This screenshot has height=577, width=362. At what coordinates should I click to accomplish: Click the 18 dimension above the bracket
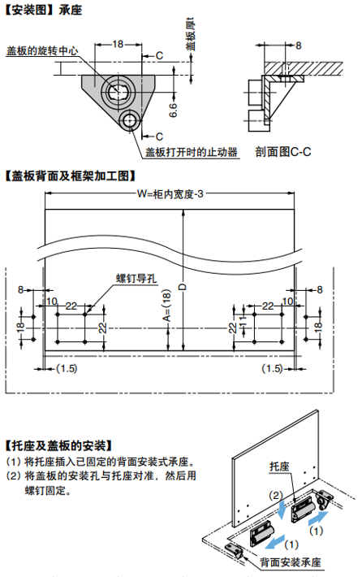click(x=118, y=44)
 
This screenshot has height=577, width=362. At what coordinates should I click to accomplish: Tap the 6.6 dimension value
click(x=173, y=111)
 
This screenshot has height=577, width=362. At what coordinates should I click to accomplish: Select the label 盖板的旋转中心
click(x=42, y=50)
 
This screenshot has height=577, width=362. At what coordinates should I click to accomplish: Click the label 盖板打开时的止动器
click(x=192, y=152)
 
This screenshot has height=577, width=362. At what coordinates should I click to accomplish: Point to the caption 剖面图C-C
click(x=283, y=152)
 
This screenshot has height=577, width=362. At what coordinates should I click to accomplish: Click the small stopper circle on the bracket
click(x=129, y=120)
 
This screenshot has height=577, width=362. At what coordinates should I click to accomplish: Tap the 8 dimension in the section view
click(x=298, y=46)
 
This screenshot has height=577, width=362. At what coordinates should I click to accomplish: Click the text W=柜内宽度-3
click(x=170, y=194)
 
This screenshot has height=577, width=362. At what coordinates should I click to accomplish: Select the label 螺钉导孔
click(x=136, y=278)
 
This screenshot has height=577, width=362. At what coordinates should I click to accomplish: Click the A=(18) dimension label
click(x=167, y=305)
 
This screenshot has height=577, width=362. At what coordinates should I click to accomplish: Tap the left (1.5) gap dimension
click(x=67, y=368)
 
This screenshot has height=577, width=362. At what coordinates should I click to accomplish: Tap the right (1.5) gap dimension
click(x=273, y=368)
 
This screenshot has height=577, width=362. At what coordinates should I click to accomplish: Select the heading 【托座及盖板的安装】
click(x=58, y=446)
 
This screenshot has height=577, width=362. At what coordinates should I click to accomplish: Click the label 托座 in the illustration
click(x=280, y=466)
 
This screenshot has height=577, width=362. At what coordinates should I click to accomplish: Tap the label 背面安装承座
click(x=291, y=562)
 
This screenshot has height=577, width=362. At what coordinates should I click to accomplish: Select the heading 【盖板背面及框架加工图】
click(x=71, y=176)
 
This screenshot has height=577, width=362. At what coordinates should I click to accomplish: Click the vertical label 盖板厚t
click(x=191, y=34)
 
